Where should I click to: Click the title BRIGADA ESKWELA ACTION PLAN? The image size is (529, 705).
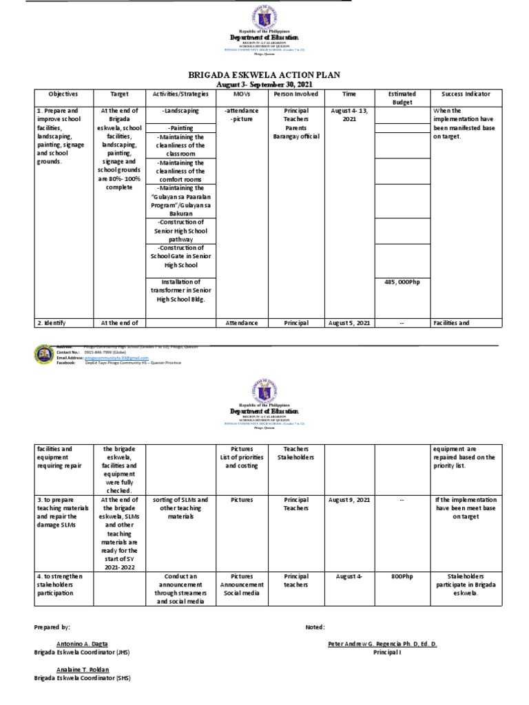pyautogui.click(x=264, y=74)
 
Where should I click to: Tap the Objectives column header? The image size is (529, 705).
pyautogui.click(x=63, y=94)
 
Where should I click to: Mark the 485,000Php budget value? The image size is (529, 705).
pyautogui.click(x=399, y=282)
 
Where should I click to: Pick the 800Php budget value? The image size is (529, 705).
pyautogui.click(x=399, y=576)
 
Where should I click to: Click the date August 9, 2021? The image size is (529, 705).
pyautogui.click(x=348, y=499)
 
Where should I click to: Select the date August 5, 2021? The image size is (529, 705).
pyautogui.click(x=348, y=322)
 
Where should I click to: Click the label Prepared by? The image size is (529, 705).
pyautogui.click(x=52, y=627)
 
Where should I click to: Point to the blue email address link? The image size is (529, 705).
pyautogui.click(x=114, y=358)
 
